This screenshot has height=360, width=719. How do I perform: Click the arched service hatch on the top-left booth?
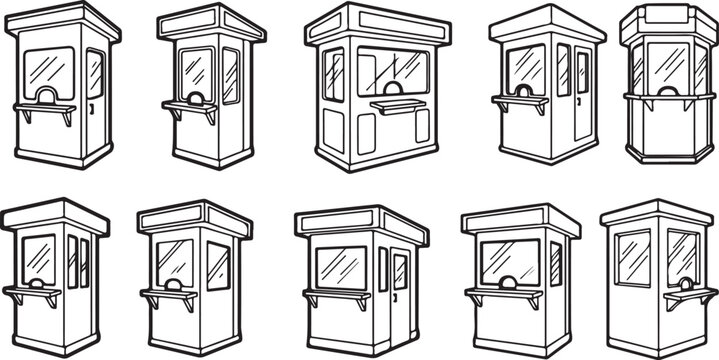click(46, 96)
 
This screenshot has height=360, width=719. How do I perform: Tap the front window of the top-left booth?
click(48, 69)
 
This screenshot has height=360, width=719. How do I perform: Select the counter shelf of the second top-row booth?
click(190, 107)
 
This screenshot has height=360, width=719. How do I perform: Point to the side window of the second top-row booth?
click(230, 75)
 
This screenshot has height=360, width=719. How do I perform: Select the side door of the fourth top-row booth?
click(582, 92)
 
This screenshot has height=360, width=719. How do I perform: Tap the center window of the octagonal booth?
click(666, 66)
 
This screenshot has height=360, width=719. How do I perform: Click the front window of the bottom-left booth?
click(39, 258)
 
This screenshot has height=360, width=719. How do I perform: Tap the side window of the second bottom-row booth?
click(218, 266)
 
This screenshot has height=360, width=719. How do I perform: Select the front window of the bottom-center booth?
click(340, 267)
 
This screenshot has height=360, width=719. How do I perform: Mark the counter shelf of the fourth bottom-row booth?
click(503, 295)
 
